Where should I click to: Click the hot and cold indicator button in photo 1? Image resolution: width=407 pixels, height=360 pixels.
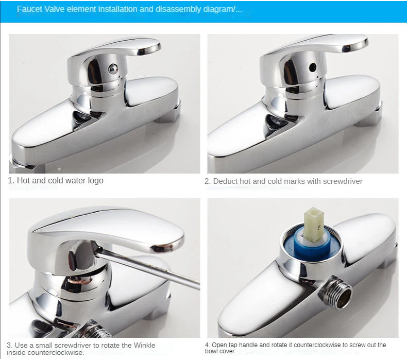pos(113,68)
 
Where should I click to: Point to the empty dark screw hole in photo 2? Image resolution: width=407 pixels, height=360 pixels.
pos(313,67)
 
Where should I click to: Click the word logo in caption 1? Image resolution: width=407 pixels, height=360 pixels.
pos(95,181)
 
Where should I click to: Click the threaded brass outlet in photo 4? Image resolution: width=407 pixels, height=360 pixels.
pos(336,292)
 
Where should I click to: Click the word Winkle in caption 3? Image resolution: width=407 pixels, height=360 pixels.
pos(144,345)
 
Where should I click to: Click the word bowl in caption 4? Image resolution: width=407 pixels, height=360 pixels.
pos(211,351)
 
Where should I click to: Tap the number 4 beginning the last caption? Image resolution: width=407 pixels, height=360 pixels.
pos(207,345)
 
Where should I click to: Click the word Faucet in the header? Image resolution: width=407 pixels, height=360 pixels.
pos(30,9)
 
